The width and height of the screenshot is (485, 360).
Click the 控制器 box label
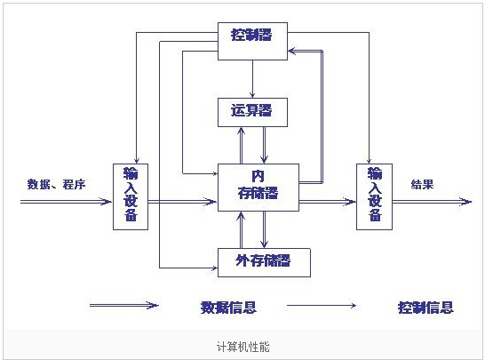point(251,35)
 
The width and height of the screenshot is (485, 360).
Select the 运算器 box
point(252,112)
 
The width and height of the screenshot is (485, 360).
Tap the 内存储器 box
point(258,188)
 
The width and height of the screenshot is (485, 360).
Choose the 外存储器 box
point(264,262)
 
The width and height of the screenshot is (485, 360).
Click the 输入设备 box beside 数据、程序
point(131,196)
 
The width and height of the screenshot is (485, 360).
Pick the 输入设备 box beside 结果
point(374,196)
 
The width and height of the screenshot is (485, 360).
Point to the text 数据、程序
point(56,185)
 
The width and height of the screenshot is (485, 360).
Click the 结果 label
point(422,185)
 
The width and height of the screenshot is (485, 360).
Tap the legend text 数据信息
point(228,308)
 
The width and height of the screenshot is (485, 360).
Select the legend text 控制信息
point(425,308)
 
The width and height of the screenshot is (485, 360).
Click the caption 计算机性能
point(242,347)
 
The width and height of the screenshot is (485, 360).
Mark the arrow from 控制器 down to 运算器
point(252,79)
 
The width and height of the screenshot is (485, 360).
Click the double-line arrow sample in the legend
point(124,306)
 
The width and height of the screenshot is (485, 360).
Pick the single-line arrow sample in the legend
point(322,306)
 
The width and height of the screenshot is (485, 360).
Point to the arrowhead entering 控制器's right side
point(291,51)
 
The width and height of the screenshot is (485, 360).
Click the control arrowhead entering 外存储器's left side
point(214,268)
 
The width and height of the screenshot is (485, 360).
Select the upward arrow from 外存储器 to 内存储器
point(241,229)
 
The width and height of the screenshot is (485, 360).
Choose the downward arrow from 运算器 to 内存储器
point(264,145)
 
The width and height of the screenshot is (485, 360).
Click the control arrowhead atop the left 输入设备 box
point(137,160)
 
